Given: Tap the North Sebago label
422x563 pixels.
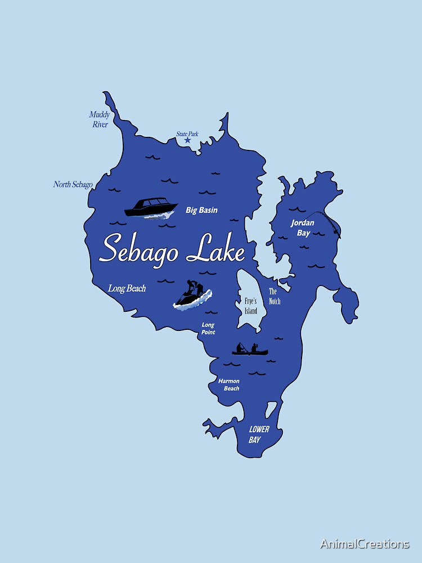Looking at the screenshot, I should point(73,185).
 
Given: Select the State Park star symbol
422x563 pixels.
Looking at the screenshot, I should point(187,140).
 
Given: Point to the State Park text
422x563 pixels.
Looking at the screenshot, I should point(187,134).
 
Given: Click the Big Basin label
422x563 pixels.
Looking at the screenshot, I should point(201,211).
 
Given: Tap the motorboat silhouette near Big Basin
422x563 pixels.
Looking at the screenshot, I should point(150,207).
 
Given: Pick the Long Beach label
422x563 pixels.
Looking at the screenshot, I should point(127,289).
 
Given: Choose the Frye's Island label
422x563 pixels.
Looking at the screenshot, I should point(250,306).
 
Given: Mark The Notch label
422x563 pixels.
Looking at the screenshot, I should point(274,296).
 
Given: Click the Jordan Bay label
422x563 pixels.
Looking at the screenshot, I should point(303,227).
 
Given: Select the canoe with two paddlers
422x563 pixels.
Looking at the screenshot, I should point(250,350).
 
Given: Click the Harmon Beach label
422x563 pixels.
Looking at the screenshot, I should point(229,385).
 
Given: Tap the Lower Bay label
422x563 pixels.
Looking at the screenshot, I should point(259,434).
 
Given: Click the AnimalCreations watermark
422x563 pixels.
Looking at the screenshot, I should point(365,544).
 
